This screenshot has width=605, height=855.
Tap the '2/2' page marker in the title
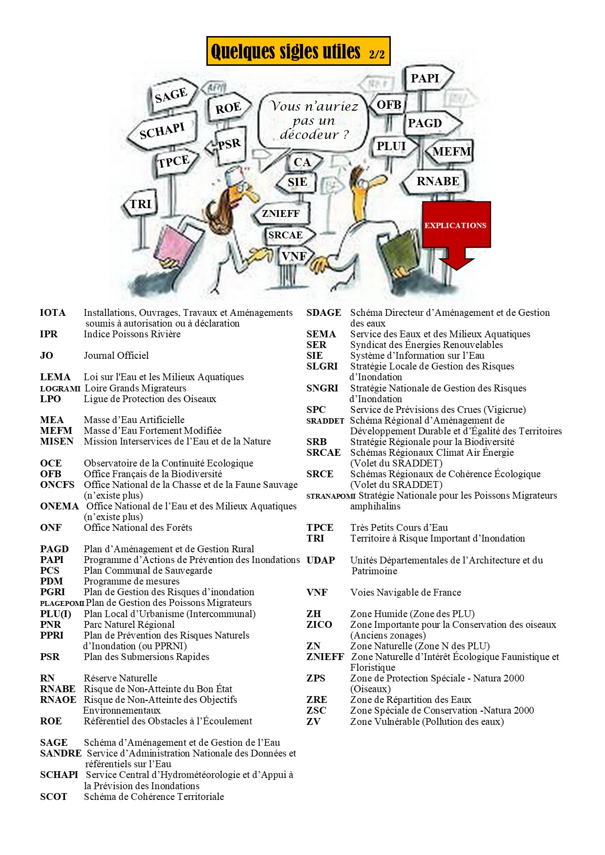coord(376,54)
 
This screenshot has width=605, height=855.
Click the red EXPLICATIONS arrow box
coord(456,225)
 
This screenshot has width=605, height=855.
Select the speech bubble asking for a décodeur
coord(314,120)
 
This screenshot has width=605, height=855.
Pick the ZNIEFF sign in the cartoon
coord(281,214)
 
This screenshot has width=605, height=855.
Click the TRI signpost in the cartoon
coord(141,204)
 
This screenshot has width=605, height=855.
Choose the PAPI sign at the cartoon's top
coord(425,78)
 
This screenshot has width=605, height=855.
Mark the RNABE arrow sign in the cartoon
coord(438,181)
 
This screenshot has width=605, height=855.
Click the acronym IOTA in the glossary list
coord(53,312)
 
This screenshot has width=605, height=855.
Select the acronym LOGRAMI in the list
coord(60,389)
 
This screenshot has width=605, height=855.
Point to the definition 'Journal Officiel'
coord(116,355)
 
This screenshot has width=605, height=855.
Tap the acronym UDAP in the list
coord(321,560)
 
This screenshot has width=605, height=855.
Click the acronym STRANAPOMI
coord(331,496)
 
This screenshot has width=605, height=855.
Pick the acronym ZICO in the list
coord(319,624)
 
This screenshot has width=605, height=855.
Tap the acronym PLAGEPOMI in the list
coord(62,603)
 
